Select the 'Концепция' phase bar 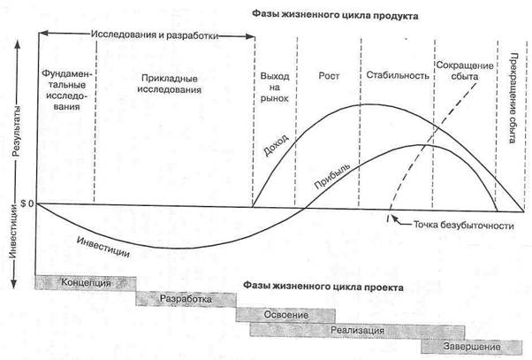[x=87, y=283]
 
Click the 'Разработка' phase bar [x=186, y=300]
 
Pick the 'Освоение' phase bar [x=285, y=315]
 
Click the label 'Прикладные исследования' [x=174, y=84]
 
